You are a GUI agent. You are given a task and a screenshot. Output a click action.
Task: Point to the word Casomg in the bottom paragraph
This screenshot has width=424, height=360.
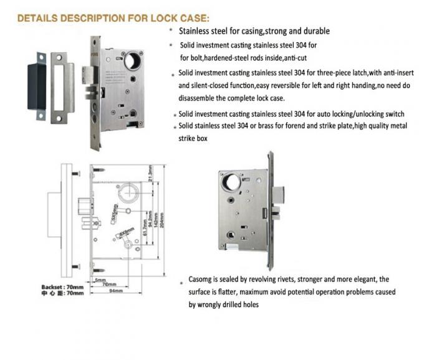point(203,280)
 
